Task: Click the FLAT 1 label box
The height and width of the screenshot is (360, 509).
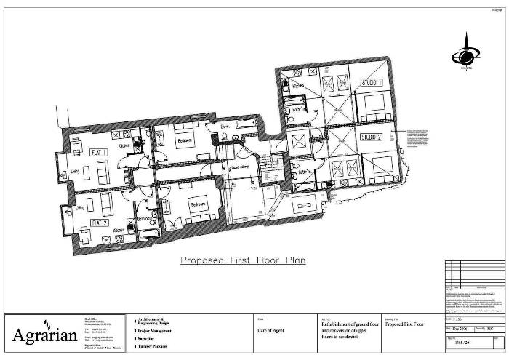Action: pos(98,153)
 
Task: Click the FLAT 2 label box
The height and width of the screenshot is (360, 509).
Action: pos(99,223)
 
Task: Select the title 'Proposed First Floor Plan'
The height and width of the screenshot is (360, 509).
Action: pos(241,259)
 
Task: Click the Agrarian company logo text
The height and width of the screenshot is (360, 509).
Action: pos(40,335)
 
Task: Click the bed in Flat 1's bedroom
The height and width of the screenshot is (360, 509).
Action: pos(184,143)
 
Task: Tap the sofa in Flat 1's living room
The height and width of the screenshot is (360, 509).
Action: pos(102,171)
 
